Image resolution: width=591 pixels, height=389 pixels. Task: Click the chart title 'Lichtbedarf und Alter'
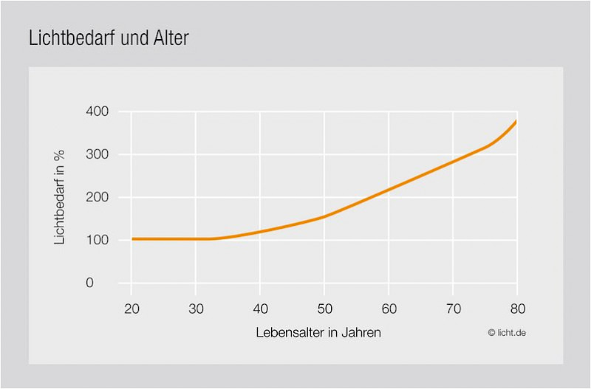coord(109,38)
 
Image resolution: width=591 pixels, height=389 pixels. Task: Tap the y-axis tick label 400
coord(97,111)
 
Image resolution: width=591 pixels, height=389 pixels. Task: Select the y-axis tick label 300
coord(97,154)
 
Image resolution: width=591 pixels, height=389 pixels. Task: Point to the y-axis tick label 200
coord(97,197)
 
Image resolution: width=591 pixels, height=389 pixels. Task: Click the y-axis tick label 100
coord(97,240)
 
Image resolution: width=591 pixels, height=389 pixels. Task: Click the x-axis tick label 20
coord(131,308)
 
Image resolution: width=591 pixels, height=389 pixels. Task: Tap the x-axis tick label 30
coord(196,308)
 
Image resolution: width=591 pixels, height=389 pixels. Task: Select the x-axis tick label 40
coord(260,308)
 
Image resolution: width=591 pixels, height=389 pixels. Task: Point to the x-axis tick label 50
coord(324,308)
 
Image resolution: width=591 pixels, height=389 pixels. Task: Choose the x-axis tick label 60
coord(389,308)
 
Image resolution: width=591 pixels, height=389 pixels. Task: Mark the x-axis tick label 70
coord(453,308)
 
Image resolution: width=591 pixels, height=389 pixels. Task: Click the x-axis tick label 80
coord(516,308)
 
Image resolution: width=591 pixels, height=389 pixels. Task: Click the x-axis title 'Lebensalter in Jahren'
coord(318,333)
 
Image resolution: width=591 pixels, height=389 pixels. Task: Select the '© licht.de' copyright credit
coord(507,333)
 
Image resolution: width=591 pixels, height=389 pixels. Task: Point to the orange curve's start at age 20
coord(132,238)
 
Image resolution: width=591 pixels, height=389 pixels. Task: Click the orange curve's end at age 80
coord(516,121)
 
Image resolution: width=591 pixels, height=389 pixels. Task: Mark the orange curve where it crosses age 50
coord(324,216)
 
